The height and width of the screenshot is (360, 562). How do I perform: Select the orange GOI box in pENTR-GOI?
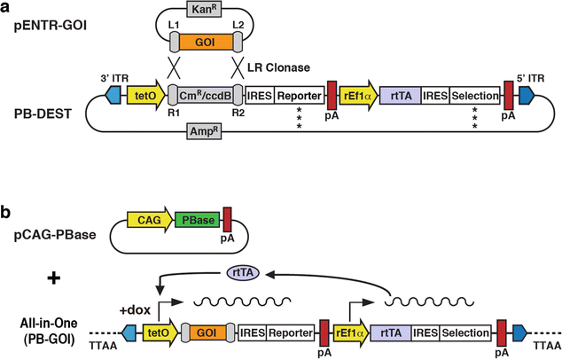coord(202,42)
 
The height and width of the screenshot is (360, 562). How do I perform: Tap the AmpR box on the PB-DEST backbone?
coord(205,130)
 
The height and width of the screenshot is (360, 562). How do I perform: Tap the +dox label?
coord(134,309)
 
